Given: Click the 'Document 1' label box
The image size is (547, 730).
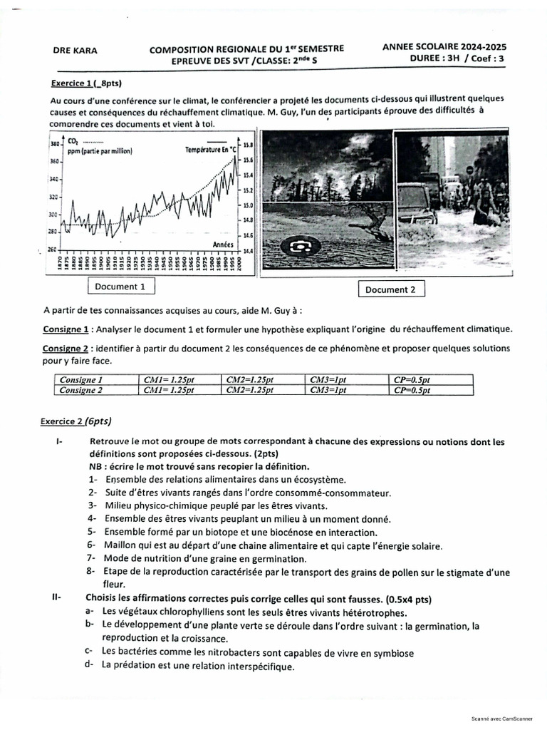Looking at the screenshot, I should pos(120,287).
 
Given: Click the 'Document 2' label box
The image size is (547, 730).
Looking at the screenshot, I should pos(390,289).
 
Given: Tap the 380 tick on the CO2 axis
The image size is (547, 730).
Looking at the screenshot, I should pos(54,144).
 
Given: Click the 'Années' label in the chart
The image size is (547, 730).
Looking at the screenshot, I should pos(224,244).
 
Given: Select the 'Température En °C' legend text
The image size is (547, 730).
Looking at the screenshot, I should pos(210,150).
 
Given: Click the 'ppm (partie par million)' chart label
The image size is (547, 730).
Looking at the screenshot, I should pos(100,152).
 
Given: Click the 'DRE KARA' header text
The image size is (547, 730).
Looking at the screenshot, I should pos(76,51).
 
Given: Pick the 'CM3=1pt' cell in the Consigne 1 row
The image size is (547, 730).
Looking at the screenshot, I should pos(328,380).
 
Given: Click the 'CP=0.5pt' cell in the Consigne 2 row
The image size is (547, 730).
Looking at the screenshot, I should pos(412,390).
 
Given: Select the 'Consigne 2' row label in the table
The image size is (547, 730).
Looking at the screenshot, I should pos(81,390).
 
